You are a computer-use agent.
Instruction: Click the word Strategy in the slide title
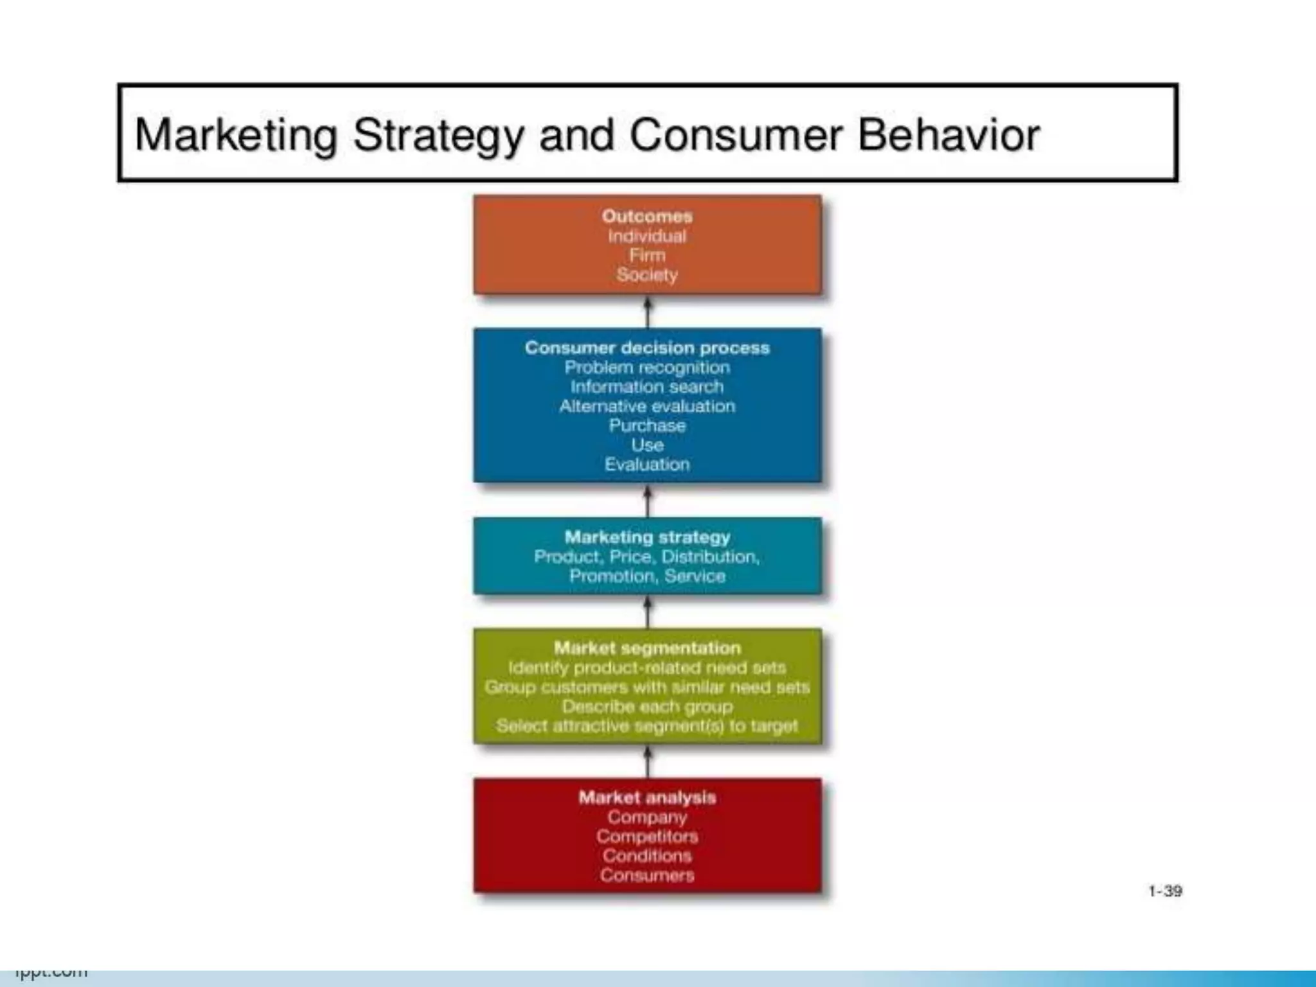point(438,136)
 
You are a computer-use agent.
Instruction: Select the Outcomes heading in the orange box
point(647,217)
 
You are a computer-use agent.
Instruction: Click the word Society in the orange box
point(647,275)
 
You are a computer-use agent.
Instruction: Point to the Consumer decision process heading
point(647,348)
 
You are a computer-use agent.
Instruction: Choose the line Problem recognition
point(647,368)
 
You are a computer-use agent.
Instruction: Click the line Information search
point(647,387)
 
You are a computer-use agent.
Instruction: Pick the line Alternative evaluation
point(647,406)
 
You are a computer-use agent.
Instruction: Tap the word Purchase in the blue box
point(647,425)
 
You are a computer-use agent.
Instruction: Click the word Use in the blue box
point(647,445)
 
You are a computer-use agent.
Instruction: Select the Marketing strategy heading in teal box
point(647,537)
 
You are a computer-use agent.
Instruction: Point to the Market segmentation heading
point(647,648)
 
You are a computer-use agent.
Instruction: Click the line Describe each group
point(647,707)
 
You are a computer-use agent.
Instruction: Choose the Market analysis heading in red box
point(647,797)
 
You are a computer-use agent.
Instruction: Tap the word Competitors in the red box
point(647,837)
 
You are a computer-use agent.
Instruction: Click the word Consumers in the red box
point(647,875)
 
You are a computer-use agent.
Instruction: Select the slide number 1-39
point(1165,891)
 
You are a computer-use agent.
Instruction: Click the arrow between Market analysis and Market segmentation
point(648,761)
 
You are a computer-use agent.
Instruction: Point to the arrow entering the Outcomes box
point(648,312)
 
